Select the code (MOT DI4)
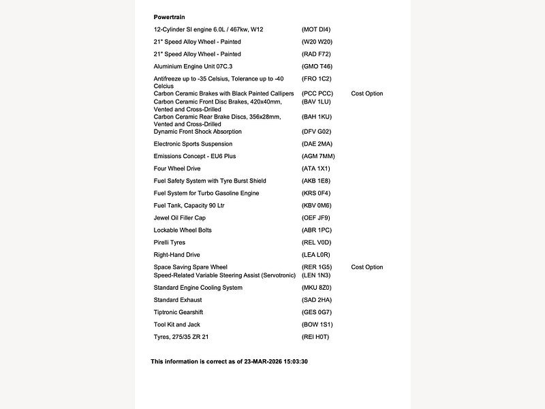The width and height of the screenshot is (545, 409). [x=315, y=29]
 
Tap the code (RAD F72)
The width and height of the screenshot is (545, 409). [x=316, y=54]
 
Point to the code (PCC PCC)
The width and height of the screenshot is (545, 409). [x=317, y=93]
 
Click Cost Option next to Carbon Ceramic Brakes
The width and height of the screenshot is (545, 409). [x=367, y=93]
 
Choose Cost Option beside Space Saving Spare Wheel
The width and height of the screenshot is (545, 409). [x=367, y=267]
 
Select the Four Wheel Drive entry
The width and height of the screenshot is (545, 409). [x=177, y=168]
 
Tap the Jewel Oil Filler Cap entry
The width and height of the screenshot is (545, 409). [x=180, y=218]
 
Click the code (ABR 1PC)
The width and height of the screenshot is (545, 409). [x=317, y=230]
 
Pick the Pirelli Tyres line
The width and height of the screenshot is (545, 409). [x=170, y=243]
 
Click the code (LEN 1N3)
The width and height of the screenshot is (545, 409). [x=316, y=275]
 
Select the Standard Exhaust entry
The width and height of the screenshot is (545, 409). [x=178, y=300]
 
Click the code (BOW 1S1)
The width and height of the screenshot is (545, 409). [x=317, y=324]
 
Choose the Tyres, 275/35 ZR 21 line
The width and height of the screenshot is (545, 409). [x=181, y=337]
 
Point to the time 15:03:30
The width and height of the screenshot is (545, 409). [x=296, y=361]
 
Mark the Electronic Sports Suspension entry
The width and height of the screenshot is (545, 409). [x=193, y=144]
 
